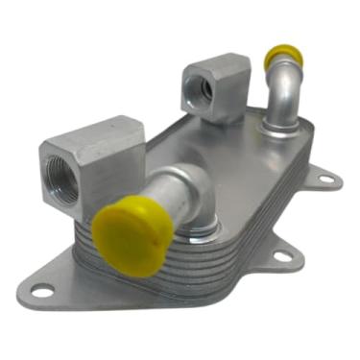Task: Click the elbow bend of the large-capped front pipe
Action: [x=192, y=189]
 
